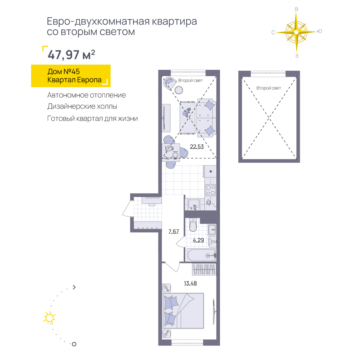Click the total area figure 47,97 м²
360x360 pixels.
[x=71, y=55]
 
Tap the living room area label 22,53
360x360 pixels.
[x=197, y=146]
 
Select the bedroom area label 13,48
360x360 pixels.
[x=190, y=283]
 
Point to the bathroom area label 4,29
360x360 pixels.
[x=198, y=240]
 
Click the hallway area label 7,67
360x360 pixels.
[x=174, y=231]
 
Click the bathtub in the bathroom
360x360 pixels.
[x=201, y=255]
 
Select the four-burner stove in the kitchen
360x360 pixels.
[x=210, y=190]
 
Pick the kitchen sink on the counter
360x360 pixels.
[x=194, y=204]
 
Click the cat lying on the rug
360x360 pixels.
[x=186, y=112]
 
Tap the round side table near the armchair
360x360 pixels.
[x=179, y=90]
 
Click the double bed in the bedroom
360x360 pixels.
[x=183, y=311]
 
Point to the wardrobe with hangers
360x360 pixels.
[x=204, y=269]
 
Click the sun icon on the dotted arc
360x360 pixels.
[x=50, y=318]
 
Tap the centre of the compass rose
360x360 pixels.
[x=296, y=32]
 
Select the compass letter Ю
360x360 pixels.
[x=319, y=31]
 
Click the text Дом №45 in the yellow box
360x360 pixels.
[x=64, y=72]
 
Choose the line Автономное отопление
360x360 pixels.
[x=87, y=95]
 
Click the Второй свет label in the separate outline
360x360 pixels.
[x=269, y=88]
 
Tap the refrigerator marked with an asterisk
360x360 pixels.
[x=210, y=171]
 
